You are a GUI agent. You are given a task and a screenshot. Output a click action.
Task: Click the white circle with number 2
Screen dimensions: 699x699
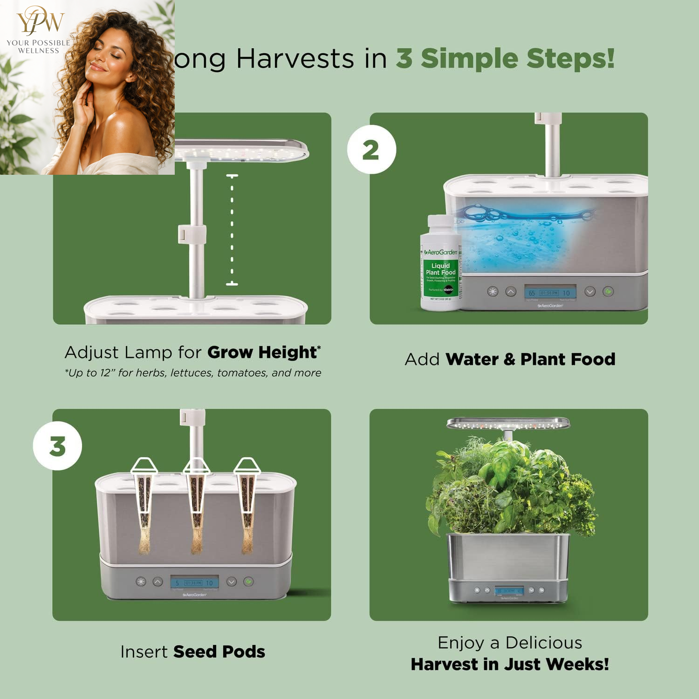coord(371,150)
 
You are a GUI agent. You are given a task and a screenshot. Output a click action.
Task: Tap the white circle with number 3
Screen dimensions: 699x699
coord(57,446)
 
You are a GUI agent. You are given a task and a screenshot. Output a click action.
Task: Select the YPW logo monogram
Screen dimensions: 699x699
coord(40,21)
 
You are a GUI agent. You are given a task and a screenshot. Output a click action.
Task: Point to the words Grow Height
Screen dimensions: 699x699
coord(262,352)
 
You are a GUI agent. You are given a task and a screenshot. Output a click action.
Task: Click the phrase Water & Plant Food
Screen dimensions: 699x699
coord(530,359)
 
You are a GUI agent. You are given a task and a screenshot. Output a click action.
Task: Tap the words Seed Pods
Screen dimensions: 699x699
coord(219,651)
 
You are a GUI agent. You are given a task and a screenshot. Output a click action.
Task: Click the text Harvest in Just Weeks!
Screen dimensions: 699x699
coord(510,664)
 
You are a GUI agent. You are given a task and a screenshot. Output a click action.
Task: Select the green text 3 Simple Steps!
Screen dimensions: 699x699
coord(505,59)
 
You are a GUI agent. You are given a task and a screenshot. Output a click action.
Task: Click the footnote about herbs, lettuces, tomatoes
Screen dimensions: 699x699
coord(193,373)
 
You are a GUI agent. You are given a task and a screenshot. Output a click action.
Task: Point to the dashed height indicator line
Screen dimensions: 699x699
coord(232,230)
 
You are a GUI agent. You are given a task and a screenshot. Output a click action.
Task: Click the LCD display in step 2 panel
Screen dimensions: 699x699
coord(550,293)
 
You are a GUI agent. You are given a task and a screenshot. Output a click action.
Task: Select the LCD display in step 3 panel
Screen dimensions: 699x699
coord(194,582)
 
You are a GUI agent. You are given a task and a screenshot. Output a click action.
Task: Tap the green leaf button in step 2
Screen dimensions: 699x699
coord(608,292)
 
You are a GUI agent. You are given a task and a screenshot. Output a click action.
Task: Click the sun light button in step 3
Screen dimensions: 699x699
coord(141,582)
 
